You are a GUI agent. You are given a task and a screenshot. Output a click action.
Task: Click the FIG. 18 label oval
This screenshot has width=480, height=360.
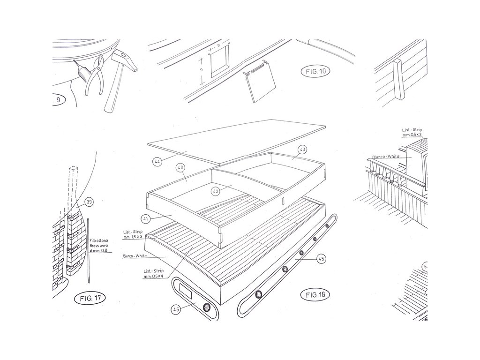click(315, 295)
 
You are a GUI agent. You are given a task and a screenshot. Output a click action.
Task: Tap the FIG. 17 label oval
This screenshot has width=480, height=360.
click(90, 298)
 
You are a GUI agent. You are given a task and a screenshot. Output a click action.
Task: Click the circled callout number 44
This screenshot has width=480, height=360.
click(157, 162)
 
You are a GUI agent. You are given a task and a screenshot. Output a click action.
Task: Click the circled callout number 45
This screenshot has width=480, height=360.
click(320, 258)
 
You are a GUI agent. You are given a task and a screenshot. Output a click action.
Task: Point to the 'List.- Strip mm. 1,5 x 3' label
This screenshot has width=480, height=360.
click(133, 235)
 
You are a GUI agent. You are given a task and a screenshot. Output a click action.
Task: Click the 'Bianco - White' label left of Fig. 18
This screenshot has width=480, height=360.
click(135, 256)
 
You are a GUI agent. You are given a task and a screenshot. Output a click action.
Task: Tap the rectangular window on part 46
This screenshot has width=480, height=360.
click(187, 294)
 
